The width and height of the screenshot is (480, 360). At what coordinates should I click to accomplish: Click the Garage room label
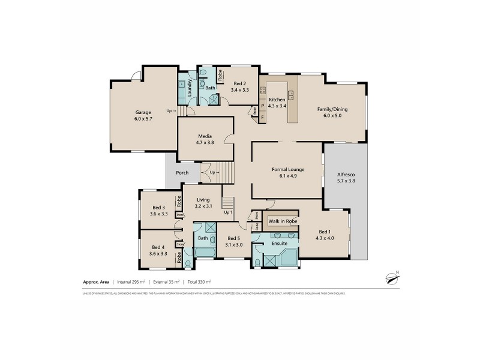coord(143,112)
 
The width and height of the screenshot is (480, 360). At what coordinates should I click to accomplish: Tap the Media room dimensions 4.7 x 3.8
coord(206,143)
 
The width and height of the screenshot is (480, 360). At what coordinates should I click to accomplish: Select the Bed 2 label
coord(240,83)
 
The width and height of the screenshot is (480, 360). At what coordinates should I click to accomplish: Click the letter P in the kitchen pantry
coord(262,106)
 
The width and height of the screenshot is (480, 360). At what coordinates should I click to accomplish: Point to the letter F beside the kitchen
coord(262,118)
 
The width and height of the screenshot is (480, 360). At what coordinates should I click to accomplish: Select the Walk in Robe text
coord(283,221)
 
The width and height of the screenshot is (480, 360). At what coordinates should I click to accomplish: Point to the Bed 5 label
coord(234,238)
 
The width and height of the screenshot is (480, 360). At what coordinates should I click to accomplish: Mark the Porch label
coord(182,173)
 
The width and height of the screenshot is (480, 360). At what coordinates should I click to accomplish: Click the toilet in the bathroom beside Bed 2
coord(203,73)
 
